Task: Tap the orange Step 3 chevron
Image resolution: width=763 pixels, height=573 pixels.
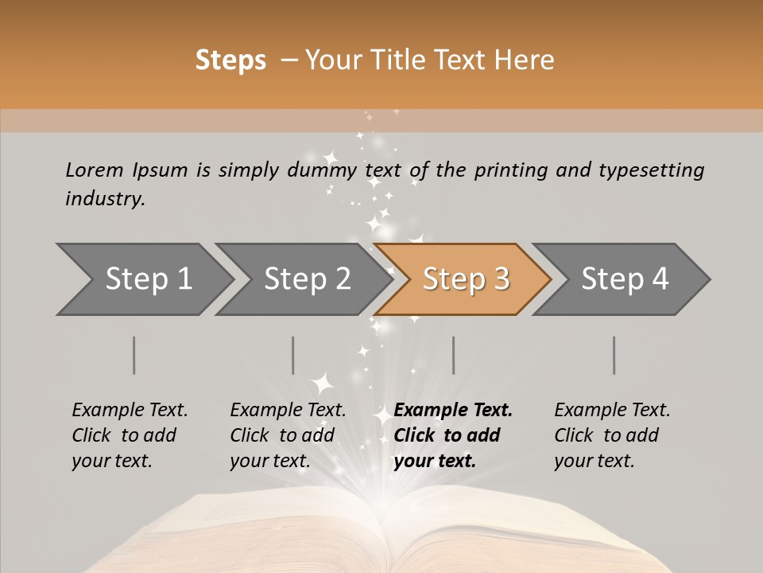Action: [466, 279]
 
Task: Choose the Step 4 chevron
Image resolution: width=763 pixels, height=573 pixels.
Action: [625, 279]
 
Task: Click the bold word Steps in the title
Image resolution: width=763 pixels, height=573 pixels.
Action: [230, 60]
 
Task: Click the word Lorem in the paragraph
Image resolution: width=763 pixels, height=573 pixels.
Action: [95, 170]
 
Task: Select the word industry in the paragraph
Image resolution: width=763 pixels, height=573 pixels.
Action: [105, 199]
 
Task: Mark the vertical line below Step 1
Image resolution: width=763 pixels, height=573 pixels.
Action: [134, 355]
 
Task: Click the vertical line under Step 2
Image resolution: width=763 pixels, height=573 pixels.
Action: [293, 355]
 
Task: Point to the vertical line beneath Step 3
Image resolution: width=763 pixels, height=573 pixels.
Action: [453, 355]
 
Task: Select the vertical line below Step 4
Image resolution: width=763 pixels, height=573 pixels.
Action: [614, 355]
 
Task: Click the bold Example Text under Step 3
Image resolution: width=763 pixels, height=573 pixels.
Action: [453, 411]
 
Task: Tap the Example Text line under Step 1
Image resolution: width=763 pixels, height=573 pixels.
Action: [130, 411]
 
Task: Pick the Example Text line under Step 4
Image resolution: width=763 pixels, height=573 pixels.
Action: [612, 411]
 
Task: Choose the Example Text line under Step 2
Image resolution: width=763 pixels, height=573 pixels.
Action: [288, 411]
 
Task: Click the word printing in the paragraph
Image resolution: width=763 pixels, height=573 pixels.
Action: [509, 170]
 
